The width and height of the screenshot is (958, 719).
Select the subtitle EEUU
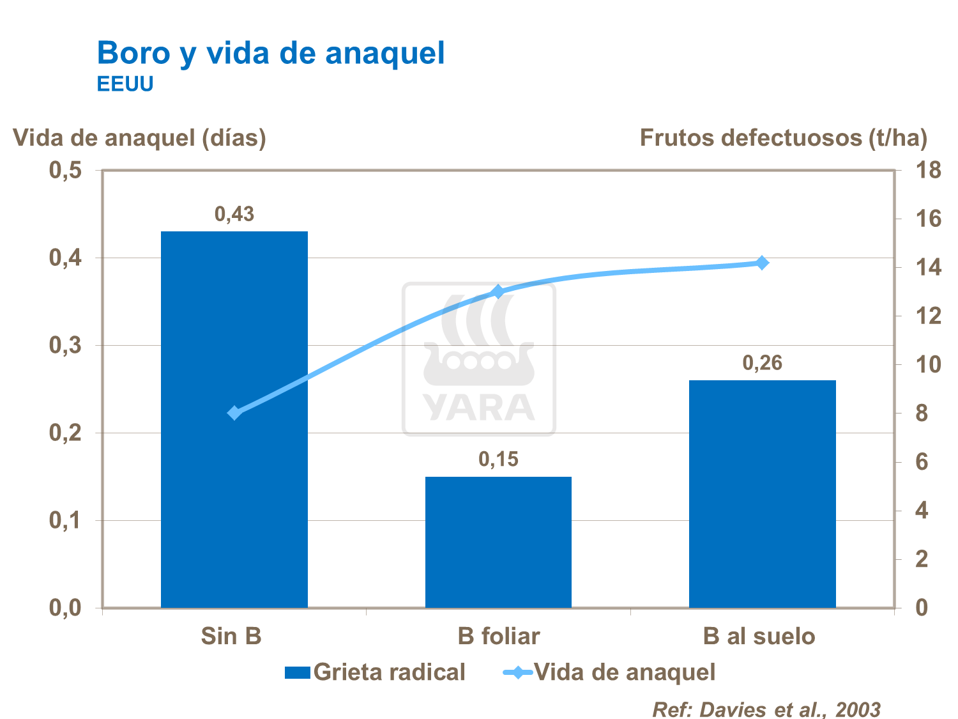[125, 84]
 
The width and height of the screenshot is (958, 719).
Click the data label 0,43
[234, 215]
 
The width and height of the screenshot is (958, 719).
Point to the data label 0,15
[498, 460]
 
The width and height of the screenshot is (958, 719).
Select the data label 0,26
[762, 364]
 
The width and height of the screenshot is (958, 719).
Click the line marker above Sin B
[234, 413]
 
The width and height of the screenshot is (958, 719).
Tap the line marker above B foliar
[498, 292]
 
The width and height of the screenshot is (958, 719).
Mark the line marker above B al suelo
[762, 263]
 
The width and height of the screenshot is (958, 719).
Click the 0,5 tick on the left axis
[66, 171]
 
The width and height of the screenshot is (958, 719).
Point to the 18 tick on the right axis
[928, 171]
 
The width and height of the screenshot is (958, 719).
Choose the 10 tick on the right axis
[928, 365]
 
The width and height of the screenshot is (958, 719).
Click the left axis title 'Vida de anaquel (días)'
[139, 137]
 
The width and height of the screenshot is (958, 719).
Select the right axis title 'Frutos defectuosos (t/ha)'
[783, 137]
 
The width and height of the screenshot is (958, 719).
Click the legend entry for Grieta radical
[376, 672]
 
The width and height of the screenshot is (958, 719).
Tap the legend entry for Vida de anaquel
[610, 672]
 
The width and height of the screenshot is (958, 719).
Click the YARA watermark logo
[479, 359]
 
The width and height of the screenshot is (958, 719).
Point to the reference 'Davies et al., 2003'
[766, 709]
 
